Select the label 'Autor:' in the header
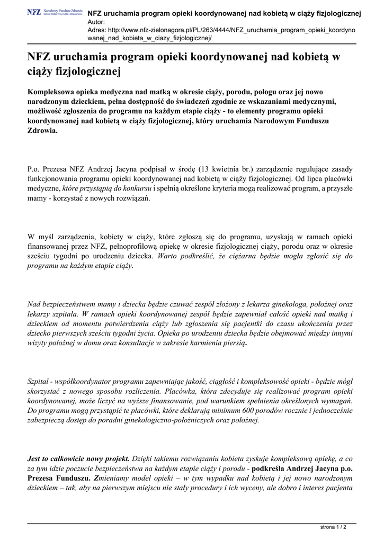click(x=96, y=22)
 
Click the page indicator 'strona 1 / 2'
click(x=334, y=527)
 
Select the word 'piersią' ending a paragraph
click(x=233, y=343)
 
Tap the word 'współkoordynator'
click(x=82, y=381)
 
